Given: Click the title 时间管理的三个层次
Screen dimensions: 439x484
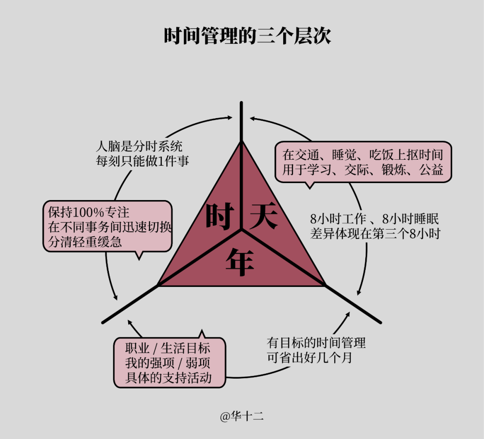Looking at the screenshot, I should (x=247, y=36).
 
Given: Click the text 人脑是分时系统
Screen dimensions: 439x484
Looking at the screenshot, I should (x=139, y=147).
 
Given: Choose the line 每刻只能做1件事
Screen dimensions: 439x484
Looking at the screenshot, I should (x=142, y=161).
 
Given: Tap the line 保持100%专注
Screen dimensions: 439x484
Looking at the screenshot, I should (x=89, y=212).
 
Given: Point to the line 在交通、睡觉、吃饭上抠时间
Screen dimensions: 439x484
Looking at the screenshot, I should (x=363, y=155).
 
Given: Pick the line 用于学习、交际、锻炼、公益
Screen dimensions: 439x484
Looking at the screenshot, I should (x=363, y=170).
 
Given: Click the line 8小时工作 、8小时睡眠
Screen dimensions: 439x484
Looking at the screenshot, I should (x=374, y=219).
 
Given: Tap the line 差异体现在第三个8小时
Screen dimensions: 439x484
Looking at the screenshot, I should (x=375, y=234).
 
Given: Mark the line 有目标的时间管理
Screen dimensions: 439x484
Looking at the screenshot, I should (x=316, y=343).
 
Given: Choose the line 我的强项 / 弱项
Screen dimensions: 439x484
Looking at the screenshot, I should (x=168, y=363).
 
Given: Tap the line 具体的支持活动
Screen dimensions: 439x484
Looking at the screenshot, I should (x=168, y=378).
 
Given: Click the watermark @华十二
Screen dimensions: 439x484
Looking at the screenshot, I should (x=242, y=417).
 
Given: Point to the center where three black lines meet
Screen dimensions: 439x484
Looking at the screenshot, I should (x=242, y=230).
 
